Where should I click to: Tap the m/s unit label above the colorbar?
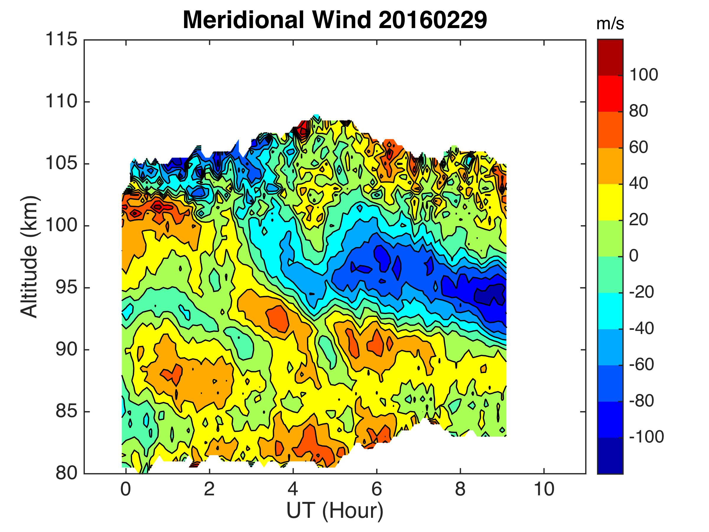click(610, 24)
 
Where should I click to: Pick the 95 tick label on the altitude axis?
click(66, 288)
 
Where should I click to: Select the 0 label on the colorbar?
click(634, 256)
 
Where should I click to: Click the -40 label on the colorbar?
click(641, 328)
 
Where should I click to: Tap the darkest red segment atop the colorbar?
click(610, 57)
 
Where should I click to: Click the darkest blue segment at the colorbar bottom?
click(610, 455)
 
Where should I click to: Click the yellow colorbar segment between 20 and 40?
click(610, 202)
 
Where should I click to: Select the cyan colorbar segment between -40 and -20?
click(610, 311)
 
